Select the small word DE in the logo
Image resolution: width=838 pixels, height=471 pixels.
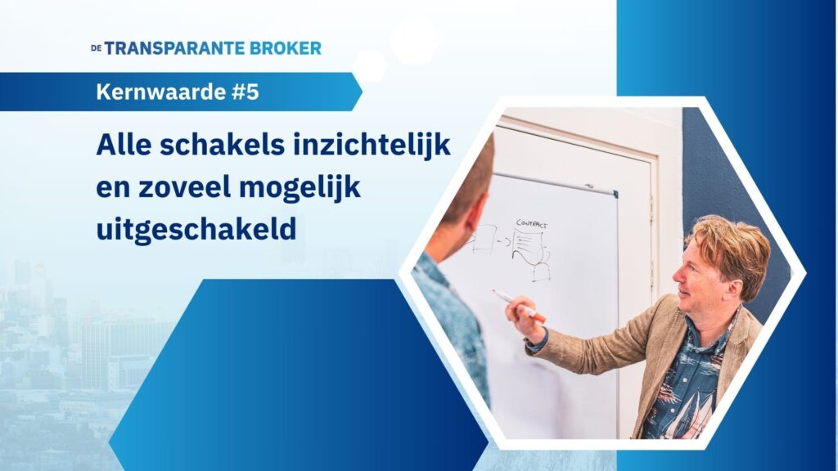click(97, 48)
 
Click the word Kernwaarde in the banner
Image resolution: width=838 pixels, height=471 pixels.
click(161, 92)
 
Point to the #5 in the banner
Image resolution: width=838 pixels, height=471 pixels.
click(246, 92)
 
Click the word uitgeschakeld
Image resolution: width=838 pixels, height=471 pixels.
click(196, 231)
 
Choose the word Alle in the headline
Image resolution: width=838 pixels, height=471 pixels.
click(124, 145)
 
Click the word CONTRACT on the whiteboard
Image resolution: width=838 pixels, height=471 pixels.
click(532, 224)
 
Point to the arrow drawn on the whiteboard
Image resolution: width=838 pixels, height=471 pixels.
click(504, 241)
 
